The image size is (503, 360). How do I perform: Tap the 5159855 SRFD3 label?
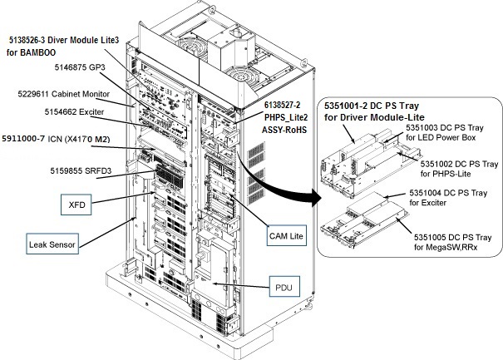(x=80, y=170)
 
